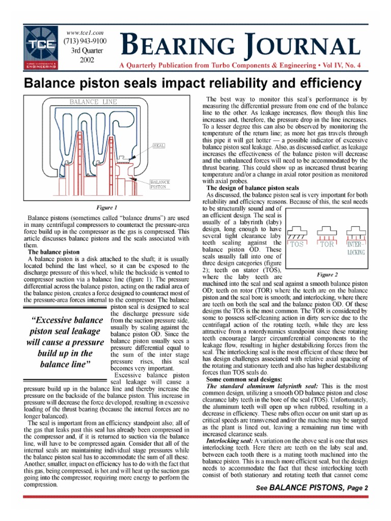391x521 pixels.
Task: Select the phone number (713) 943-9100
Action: [x=85, y=42]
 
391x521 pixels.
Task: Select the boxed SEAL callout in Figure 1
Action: [x=158, y=147]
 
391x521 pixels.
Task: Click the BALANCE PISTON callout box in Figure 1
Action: [x=160, y=184]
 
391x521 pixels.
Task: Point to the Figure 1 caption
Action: [x=107, y=208]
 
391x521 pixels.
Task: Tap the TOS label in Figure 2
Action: [x=296, y=244]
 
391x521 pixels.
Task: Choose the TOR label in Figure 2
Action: [x=327, y=244]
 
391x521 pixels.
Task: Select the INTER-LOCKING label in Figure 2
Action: [x=355, y=247]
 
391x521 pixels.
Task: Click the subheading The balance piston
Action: [x=53, y=251]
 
